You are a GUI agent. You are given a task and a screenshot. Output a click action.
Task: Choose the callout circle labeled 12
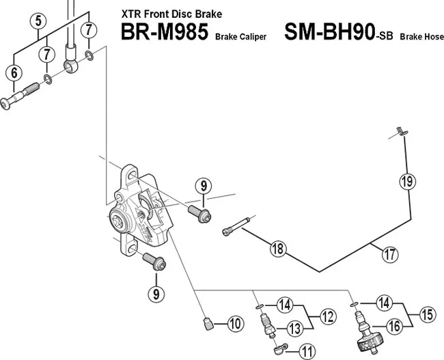[x=327, y=316]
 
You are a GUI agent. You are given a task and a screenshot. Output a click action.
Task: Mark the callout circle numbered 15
[x=427, y=316]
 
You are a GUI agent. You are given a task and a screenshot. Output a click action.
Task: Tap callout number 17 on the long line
[x=389, y=255]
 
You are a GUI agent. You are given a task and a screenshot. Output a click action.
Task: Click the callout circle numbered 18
[x=277, y=249]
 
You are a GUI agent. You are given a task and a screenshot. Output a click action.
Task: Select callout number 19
[x=406, y=182]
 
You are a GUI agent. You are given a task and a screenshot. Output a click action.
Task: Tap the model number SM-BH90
[x=326, y=33]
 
